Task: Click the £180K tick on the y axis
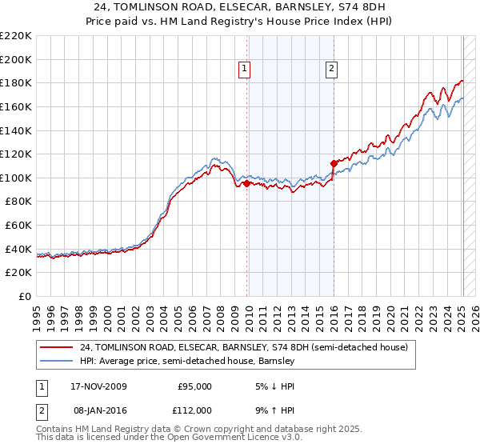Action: click(16, 82)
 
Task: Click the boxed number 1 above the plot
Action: click(245, 69)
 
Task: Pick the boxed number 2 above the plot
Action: click(331, 69)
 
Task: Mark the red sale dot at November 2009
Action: click(246, 183)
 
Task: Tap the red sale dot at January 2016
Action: click(334, 163)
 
